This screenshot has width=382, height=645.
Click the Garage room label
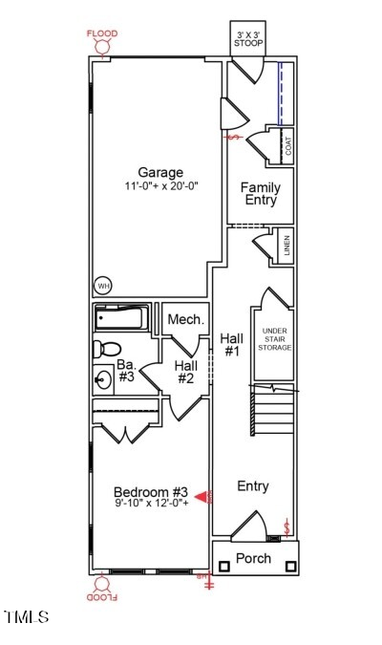click(159, 173)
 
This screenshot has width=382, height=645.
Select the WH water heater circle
click(101, 285)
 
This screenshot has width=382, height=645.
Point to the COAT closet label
click(287, 146)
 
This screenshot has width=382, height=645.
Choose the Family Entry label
click(260, 194)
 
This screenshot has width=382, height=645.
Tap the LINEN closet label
click(286, 247)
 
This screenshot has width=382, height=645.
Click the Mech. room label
click(185, 319)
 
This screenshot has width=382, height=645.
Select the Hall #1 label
click(231, 344)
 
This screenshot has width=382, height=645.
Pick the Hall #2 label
click(185, 371)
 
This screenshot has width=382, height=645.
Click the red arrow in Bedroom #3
click(202, 496)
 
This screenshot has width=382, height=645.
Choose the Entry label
click(253, 486)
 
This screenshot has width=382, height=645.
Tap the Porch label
click(253, 558)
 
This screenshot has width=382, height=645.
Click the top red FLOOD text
click(102, 33)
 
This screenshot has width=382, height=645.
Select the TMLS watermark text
click(27, 617)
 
